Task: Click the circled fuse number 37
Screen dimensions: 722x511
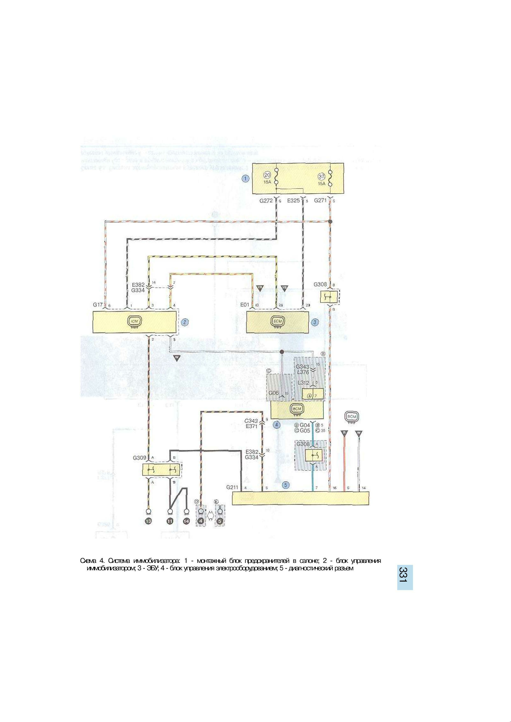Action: coord(321,177)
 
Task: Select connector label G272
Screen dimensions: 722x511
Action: coord(266,200)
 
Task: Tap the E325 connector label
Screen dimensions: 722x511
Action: coord(293,200)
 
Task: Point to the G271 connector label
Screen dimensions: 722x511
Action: coord(320,200)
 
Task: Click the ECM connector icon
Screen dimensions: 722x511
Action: coord(277,321)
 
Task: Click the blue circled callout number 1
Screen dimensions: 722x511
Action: coord(246,179)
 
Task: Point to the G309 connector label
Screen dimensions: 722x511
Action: coord(139,458)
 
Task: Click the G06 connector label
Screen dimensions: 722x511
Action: coord(274,393)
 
